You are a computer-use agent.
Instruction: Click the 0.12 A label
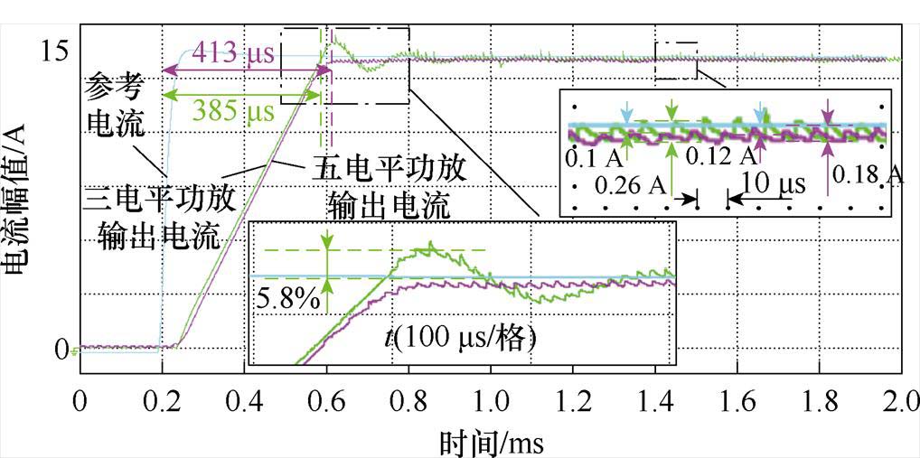click(x=720, y=155)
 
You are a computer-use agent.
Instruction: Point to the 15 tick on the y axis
click(x=54, y=51)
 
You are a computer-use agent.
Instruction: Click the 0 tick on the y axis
click(x=61, y=349)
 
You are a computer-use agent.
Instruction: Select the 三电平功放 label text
click(x=159, y=198)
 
